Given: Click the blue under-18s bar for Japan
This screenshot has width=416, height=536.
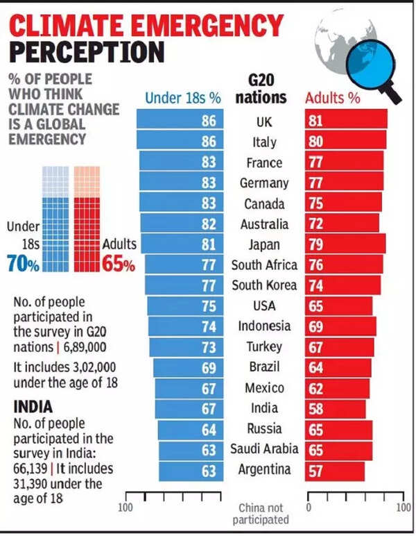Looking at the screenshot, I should [x=182, y=244].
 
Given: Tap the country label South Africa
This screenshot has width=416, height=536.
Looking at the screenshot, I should [x=264, y=265].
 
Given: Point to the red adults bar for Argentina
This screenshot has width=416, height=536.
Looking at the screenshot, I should [x=335, y=469].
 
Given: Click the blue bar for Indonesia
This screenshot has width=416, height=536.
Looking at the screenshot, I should [x=186, y=326].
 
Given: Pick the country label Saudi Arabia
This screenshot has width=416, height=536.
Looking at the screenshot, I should [x=264, y=449].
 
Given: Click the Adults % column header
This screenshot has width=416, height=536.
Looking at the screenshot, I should [x=333, y=98].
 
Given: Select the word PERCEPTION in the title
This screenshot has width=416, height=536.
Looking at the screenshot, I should [x=87, y=53].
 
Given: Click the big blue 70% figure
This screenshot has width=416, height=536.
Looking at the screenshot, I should [x=23, y=264].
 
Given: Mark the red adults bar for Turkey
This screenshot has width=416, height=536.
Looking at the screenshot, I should [x=339, y=346].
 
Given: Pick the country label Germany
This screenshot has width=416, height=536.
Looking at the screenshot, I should [x=264, y=183].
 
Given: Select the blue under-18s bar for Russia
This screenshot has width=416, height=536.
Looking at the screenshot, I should [x=191, y=428].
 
